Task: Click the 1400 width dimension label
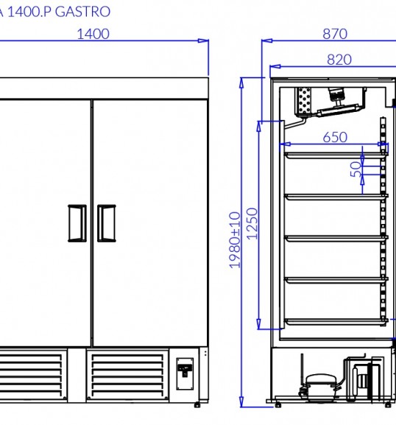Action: pyautogui.click(x=93, y=34)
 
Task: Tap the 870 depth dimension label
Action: pyautogui.click(x=335, y=34)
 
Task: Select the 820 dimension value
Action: pyautogui.click(x=339, y=60)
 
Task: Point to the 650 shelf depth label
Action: pyautogui.click(x=335, y=137)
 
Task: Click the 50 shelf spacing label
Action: pyautogui.click(x=356, y=169)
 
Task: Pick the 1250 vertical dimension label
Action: pyautogui.click(x=252, y=224)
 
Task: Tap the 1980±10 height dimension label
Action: pyautogui.click(x=235, y=240)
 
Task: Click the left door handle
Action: pyautogui.click(x=77, y=223)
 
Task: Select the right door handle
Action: pyautogui.click(x=107, y=223)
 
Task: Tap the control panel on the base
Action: pyautogui.click(x=185, y=373)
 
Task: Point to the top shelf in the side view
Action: pyautogui.click(x=336, y=155)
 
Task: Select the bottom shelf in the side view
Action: pyautogui.click(x=336, y=321)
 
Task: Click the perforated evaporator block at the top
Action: pyautogui.click(x=305, y=101)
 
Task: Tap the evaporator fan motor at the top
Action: pyautogui.click(x=336, y=96)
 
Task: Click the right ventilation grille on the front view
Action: pyautogui.click(x=127, y=376)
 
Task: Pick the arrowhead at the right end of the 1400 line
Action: pyautogui.click(x=203, y=41)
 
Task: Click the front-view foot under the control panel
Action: pyautogui.click(x=197, y=404)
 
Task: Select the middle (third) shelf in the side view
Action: pyautogui.click(x=336, y=238)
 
